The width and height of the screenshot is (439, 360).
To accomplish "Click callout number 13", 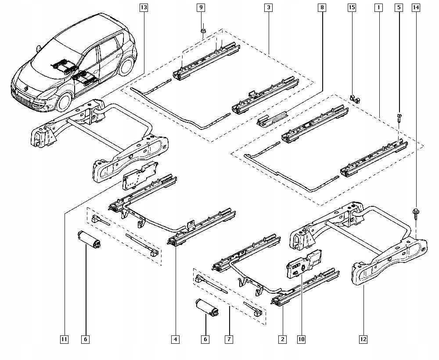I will pos(144,7).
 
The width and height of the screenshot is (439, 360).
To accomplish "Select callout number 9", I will pos(201,7).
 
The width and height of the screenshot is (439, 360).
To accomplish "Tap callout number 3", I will pos(268,7).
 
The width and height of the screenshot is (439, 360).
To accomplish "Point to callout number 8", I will pos(322,7).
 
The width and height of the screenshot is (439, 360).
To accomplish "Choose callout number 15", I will pos(351,7).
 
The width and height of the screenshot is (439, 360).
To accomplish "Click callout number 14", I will pos(416,7).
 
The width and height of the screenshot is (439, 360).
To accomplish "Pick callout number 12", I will pos(363,339).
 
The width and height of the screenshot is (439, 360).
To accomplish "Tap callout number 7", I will pos(229,339).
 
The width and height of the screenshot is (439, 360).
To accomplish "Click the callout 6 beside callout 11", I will pos(85,339).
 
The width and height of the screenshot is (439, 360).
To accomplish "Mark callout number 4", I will pos(175,339).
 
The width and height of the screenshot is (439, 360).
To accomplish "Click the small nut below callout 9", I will pos(203,31).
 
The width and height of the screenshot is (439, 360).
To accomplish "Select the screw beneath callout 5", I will pos(399,117).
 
